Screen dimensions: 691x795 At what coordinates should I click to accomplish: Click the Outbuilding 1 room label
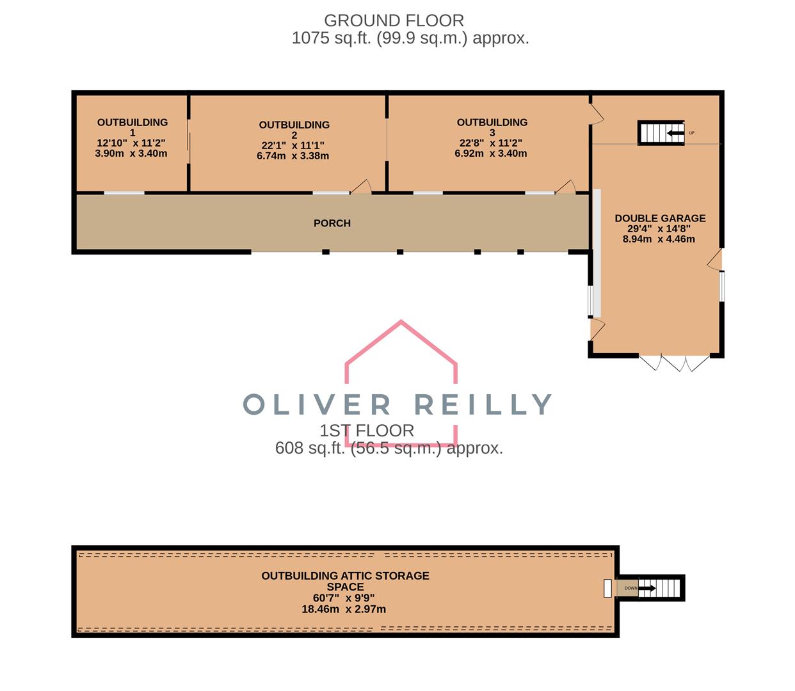pyautogui.click(x=132, y=127)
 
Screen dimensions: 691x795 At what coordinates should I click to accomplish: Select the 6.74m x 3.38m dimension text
pyautogui.click(x=293, y=155)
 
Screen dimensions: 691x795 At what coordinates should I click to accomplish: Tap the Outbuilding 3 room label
pyautogui.click(x=492, y=127)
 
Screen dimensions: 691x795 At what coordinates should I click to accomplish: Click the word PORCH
pyautogui.click(x=332, y=223)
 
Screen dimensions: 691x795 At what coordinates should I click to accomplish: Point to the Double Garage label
pyautogui.click(x=660, y=218)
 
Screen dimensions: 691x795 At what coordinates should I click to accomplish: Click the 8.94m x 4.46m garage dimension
pyautogui.click(x=659, y=239)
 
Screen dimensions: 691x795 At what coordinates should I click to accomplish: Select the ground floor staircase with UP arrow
pyautogui.click(x=660, y=133)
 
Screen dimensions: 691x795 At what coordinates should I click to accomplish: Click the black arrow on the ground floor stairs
pyautogui.click(x=673, y=133)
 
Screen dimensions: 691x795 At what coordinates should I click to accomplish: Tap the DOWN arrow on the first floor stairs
pyautogui.click(x=646, y=588)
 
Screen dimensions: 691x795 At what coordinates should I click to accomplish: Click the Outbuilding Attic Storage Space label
pyautogui.click(x=345, y=581)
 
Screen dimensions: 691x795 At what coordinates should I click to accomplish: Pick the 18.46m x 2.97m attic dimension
pyautogui.click(x=344, y=609)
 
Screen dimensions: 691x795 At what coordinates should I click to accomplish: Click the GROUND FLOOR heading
pyautogui.click(x=394, y=20)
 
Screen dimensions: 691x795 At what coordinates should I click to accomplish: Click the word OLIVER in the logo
pyautogui.click(x=317, y=404)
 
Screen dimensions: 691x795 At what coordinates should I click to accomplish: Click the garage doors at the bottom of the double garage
pyautogui.click(x=674, y=363)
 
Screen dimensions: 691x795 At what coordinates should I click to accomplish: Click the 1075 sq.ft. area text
pyautogui.click(x=410, y=38)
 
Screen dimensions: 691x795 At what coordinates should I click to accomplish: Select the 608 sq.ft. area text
pyautogui.click(x=389, y=448)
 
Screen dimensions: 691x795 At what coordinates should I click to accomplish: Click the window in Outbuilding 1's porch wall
pyautogui.click(x=124, y=193)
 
